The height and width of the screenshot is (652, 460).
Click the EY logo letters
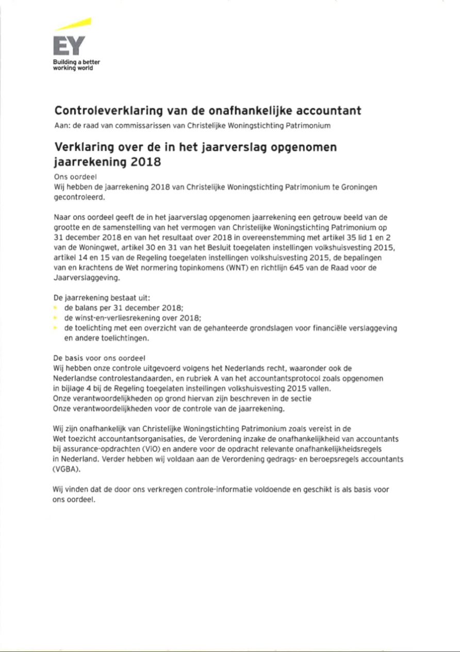tap(68, 47)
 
